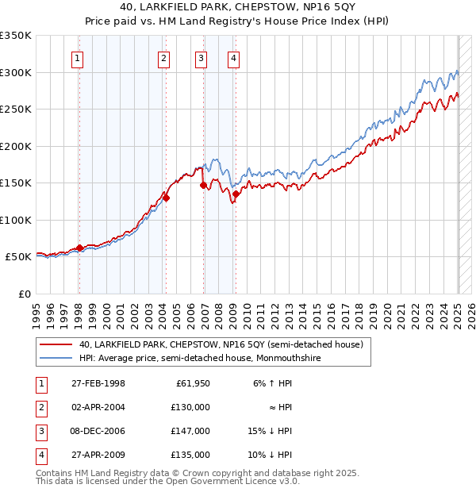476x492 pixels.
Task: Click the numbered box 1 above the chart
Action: (78, 57)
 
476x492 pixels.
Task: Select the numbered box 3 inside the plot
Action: (202, 57)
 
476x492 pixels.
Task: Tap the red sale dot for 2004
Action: (166, 198)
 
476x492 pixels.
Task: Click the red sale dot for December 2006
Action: (204, 185)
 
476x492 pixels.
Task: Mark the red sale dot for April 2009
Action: (236, 194)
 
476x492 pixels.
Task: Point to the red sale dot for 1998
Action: (79, 248)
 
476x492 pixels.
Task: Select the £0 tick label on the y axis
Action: (23, 294)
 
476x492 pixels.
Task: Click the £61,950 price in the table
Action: (192, 383)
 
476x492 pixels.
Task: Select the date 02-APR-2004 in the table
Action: (98, 407)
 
